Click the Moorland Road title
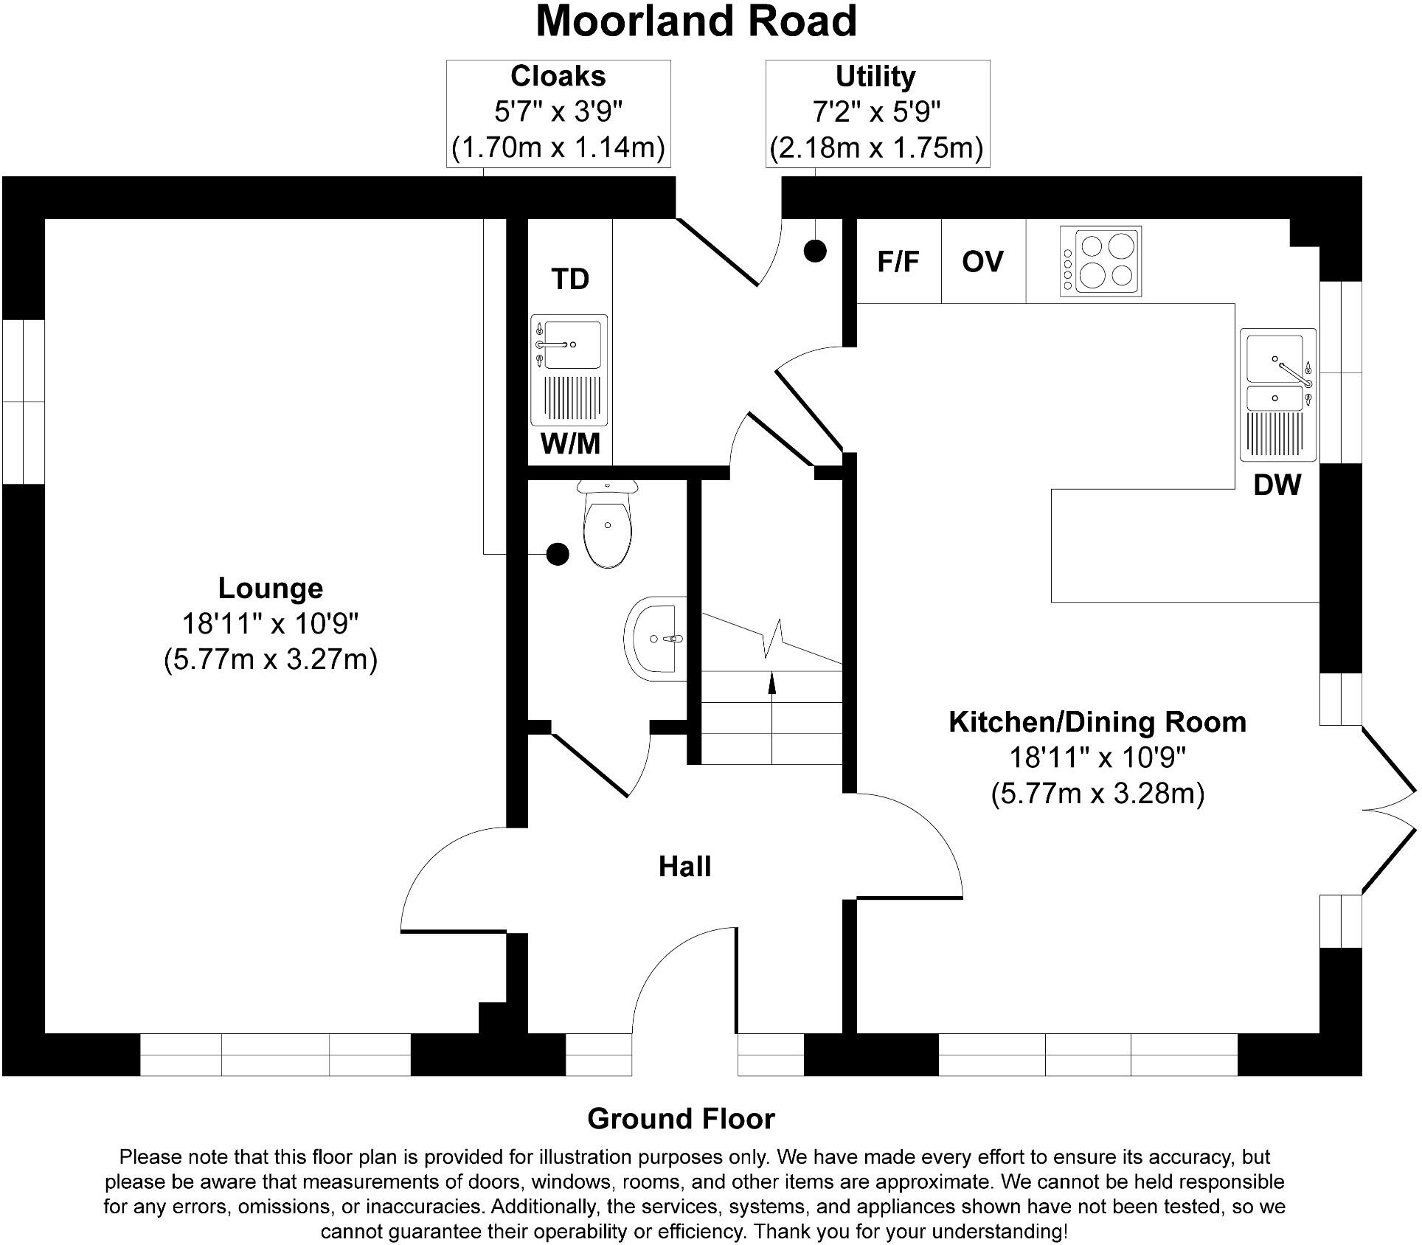point(696,22)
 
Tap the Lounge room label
point(271,589)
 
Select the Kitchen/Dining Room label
point(1097,722)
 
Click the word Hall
point(684,867)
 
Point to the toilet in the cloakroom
point(608,524)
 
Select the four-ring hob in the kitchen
point(1100,262)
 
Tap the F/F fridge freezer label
point(898,262)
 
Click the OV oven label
point(982,262)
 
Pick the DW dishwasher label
point(1277,485)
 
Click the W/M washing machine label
point(570,444)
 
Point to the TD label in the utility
point(570,280)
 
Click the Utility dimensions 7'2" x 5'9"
point(876,113)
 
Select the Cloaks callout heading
point(558,77)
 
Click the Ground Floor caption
point(681,1119)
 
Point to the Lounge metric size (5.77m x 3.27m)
point(271,659)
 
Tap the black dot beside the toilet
point(558,553)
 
